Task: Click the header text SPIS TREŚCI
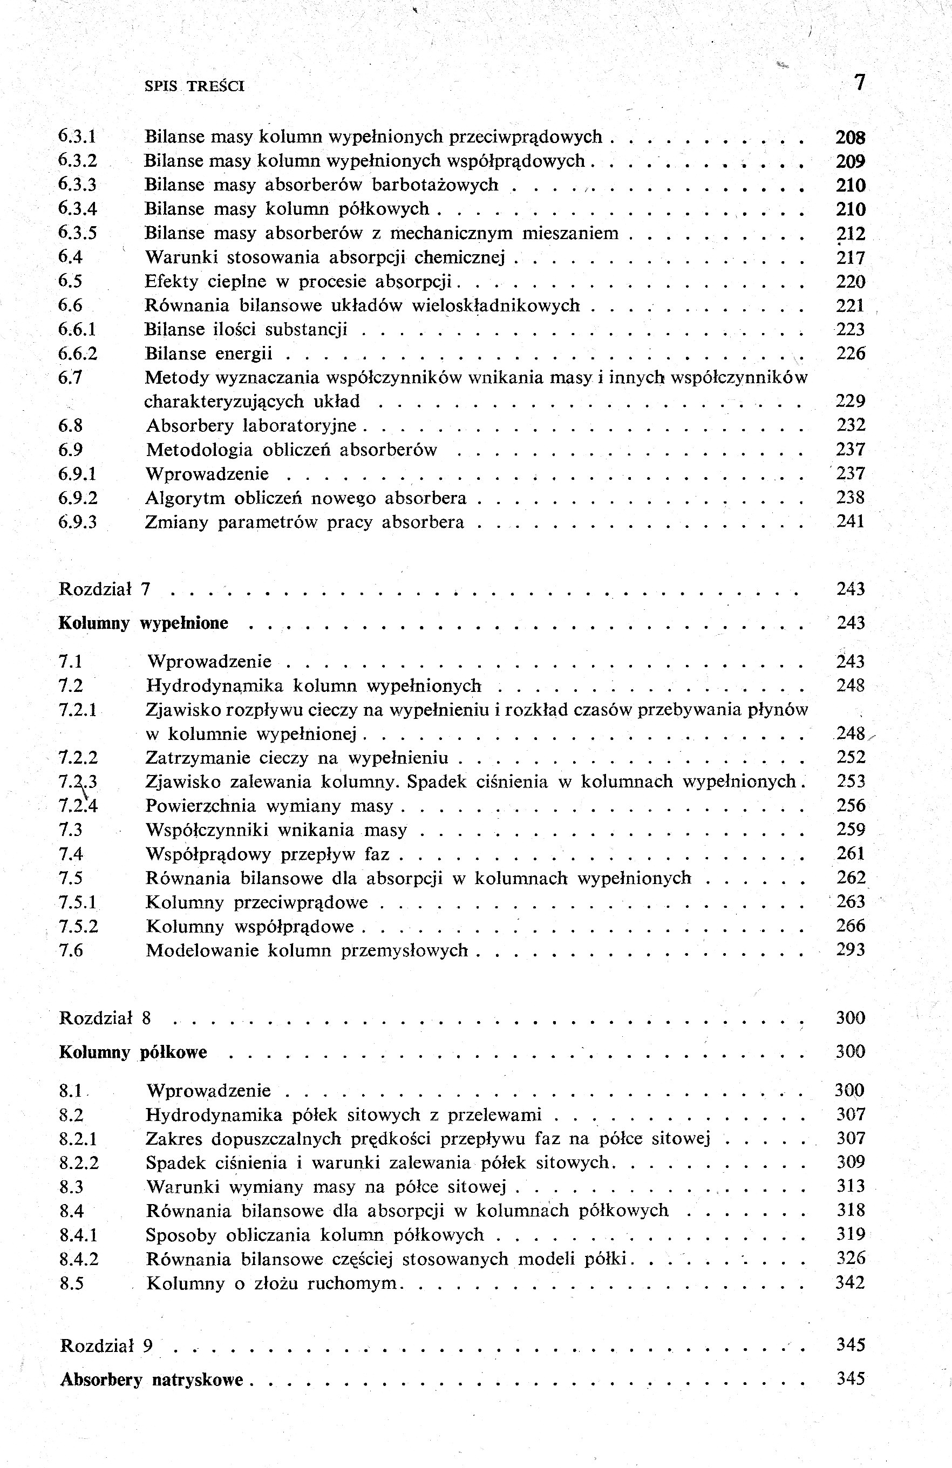(194, 86)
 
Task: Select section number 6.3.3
(78, 185)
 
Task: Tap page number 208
(850, 137)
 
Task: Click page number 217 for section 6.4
(850, 258)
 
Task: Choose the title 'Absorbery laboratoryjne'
(251, 426)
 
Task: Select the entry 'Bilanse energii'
(208, 354)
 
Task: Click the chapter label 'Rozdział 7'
(105, 589)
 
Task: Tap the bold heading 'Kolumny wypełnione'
(143, 623)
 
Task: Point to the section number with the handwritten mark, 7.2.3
(78, 782)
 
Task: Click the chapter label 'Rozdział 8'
(105, 1018)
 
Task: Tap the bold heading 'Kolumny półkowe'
(133, 1052)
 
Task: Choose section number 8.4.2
(79, 1259)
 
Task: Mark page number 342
(850, 1283)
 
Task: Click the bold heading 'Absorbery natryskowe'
(152, 1380)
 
